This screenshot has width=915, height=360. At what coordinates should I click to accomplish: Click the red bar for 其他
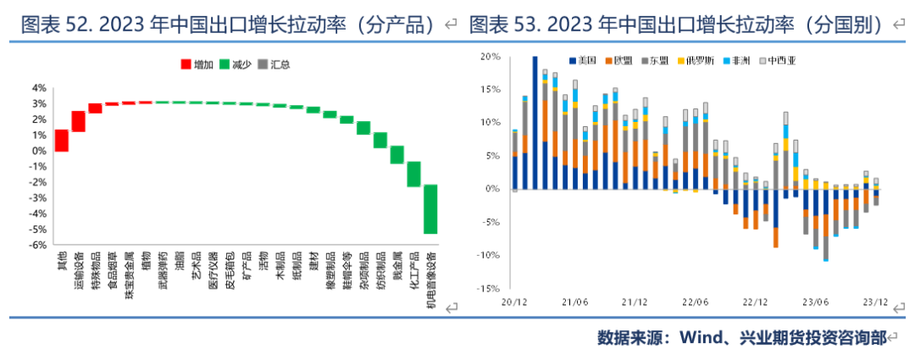click(x=62, y=141)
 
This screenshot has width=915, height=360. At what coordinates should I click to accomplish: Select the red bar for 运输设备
click(x=79, y=121)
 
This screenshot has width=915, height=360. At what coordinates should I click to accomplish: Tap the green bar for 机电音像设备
click(x=430, y=208)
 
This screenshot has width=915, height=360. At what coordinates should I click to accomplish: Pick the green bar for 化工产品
click(x=413, y=174)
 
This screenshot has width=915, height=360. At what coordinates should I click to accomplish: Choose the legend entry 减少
click(x=235, y=64)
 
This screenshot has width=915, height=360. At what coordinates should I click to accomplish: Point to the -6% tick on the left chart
click(x=39, y=246)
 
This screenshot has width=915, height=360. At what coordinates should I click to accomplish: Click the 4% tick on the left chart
click(x=39, y=87)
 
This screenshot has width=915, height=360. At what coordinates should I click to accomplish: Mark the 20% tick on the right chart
click(x=491, y=57)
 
